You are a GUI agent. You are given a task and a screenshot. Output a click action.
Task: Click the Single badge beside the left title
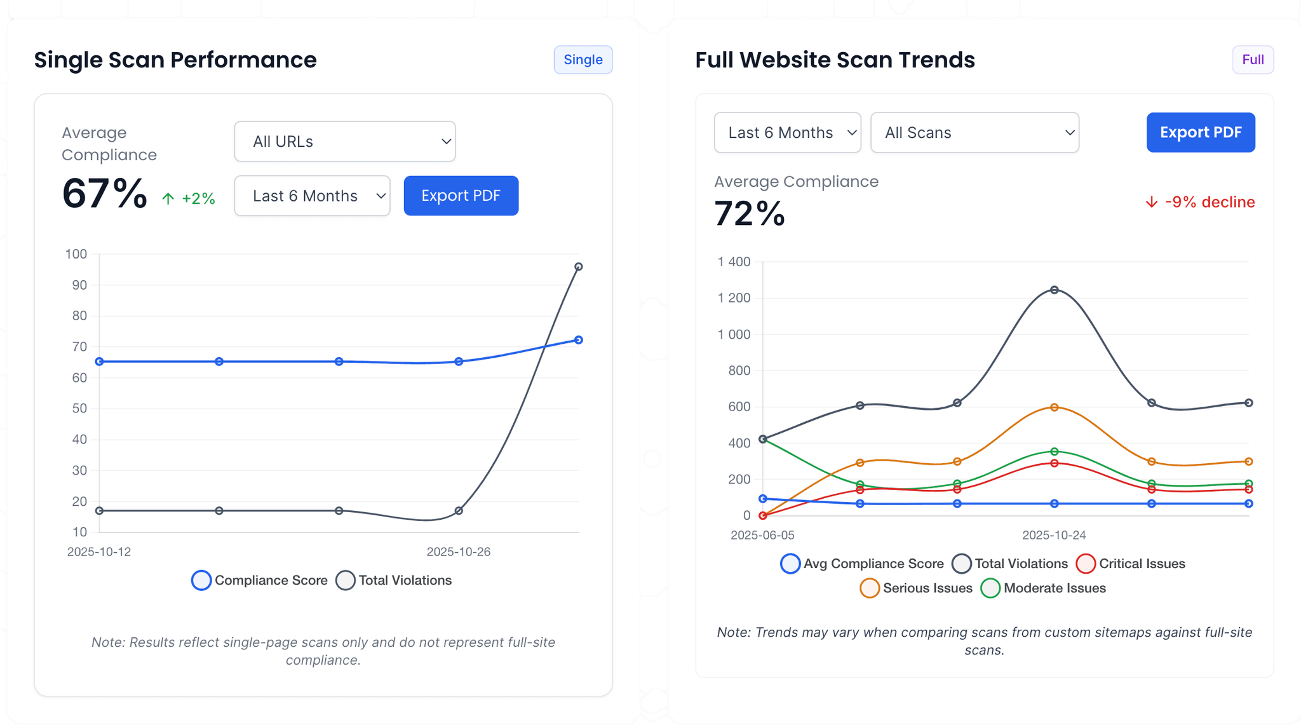click(x=583, y=60)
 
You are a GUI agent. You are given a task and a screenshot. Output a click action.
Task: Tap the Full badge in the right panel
click(x=1253, y=60)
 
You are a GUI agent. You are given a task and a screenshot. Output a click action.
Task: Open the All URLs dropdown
click(x=344, y=141)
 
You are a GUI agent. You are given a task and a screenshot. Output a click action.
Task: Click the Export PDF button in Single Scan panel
click(x=461, y=196)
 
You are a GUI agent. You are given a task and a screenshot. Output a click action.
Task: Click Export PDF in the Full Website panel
click(x=1200, y=132)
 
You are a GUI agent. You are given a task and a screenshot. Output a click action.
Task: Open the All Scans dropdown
click(x=974, y=133)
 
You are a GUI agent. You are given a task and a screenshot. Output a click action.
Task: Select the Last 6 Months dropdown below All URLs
click(x=312, y=196)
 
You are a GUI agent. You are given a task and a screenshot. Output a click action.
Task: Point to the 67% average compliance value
click(x=105, y=194)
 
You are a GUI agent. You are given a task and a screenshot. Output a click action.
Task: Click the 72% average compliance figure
click(x=750, y=213)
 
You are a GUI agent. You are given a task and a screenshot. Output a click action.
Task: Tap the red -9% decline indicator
click(x=1199, y=202)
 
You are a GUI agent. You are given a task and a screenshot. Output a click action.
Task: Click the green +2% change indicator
click(x=189, y=199)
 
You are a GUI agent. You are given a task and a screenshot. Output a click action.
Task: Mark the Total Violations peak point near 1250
click(x=1055, y=290)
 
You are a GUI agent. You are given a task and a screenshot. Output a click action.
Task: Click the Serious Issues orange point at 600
click(x=1055, y=407)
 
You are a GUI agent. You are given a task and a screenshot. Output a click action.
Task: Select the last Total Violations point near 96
click(x=578, y=267)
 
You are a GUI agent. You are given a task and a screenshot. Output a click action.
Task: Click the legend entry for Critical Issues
click(x=1131, y=564)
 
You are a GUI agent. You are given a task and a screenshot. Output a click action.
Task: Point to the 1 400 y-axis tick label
click(x=734, y=262)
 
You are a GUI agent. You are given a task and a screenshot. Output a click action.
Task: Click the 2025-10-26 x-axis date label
click(x=458, y=552)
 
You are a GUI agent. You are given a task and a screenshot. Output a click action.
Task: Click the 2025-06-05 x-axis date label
click(x=762, y=535)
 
